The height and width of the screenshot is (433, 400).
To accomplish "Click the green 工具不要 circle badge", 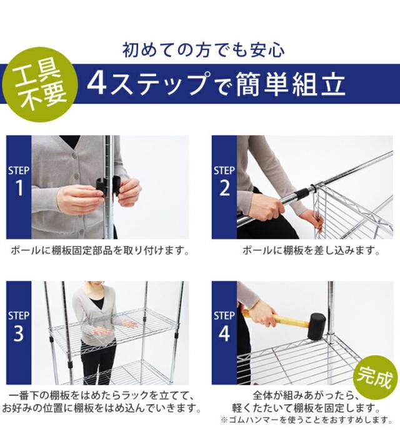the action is click(39, 85).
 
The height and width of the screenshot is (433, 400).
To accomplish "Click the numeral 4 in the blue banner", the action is click(97, 84).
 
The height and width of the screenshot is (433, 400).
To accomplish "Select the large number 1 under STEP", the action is click(19, 188).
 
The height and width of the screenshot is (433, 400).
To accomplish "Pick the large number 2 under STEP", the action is click(224, 188).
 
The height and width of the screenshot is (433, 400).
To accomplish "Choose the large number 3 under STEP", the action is click(19, 333).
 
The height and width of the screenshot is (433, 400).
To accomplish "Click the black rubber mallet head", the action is click(317, 326).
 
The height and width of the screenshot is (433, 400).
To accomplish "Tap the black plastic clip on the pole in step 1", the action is click(108, 187).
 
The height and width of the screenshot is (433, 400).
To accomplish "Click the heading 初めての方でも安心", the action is click(204, 50).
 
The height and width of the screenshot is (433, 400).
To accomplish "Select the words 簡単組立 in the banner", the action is click(291, 84).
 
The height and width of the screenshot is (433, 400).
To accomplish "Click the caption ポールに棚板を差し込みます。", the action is click(311, 251).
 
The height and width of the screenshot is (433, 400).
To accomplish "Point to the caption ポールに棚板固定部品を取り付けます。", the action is click(100, 251).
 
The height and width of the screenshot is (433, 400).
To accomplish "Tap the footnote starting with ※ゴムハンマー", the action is click(306, 421).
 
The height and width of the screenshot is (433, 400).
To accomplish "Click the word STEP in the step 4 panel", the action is click(224, 316).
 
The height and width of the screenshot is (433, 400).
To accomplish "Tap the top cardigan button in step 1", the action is click(74, 158).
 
